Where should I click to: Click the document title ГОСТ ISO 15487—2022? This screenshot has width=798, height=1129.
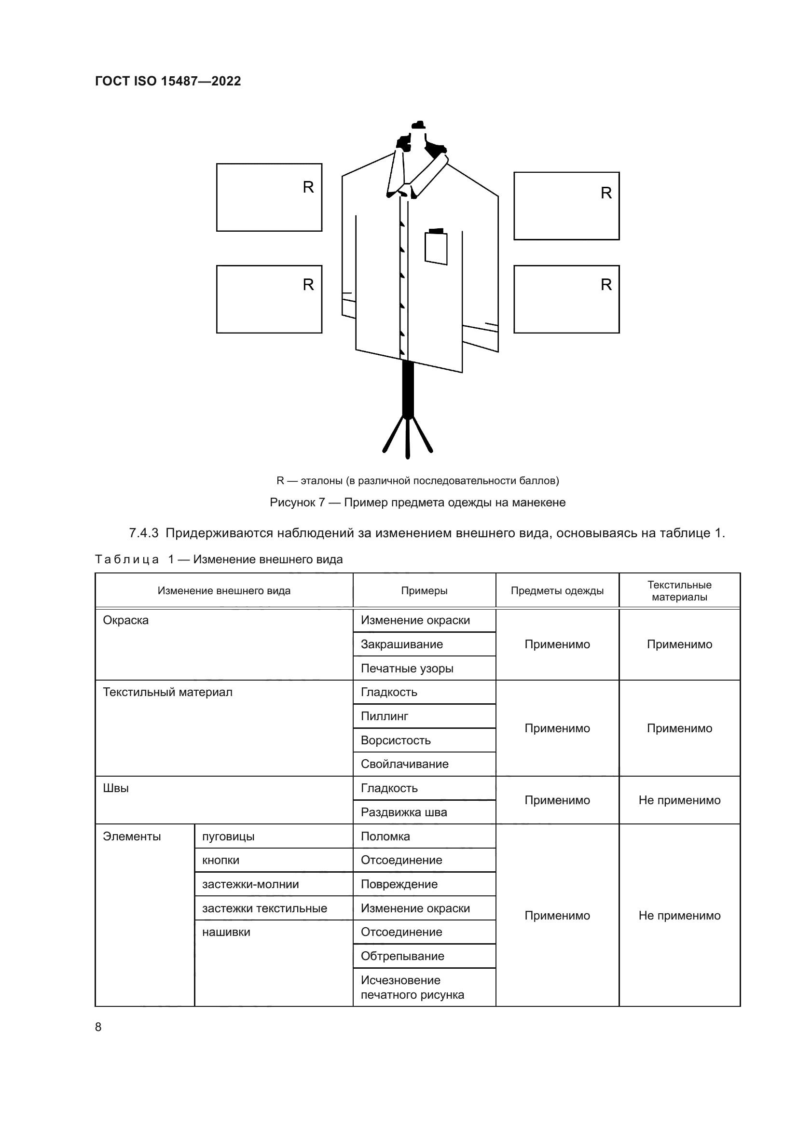(167, 81)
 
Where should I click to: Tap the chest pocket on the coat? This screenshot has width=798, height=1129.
(436, 248)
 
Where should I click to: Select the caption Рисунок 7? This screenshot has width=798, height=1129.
(417, 502)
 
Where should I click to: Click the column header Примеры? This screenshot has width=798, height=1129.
(424, 590)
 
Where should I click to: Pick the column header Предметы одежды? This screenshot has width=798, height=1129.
(557, 590)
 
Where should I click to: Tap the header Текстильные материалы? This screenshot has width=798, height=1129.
(679, 590)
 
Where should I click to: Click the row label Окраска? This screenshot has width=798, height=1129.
(126, 620)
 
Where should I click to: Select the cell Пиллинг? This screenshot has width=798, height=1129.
(384, 716)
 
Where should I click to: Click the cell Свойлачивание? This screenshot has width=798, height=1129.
(404, 764)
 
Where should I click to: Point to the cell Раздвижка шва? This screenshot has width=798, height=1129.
(403, 812)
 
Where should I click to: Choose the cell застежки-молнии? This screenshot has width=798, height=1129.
(250, 884)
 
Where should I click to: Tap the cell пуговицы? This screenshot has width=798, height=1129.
(228, 836)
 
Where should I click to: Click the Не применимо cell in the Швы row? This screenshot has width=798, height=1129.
(679, 800)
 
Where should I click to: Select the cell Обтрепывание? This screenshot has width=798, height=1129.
(402, 956)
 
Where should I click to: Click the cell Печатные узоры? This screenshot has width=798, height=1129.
(407, 668)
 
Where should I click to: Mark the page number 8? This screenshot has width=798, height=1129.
(98, 1027)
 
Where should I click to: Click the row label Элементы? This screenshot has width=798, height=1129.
(132, 836)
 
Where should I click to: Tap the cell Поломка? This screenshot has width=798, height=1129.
(385, 836)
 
